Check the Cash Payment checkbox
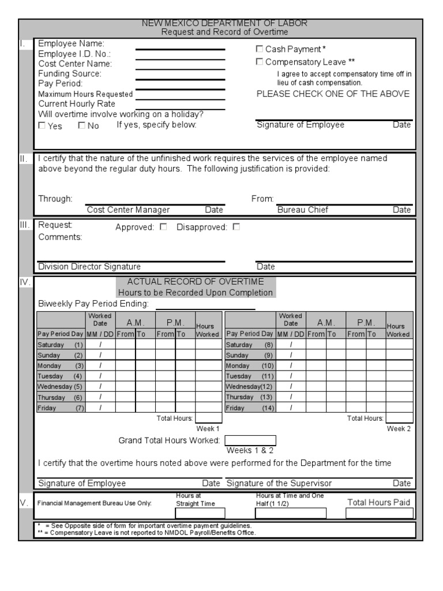(x=260, y=50)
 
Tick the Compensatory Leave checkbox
(x=260, y=62)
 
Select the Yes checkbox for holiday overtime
(x=42, y=125)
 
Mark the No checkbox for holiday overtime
(x=81, y=125)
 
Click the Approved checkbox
(x=163, y=227)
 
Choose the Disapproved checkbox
(x=236, y=227)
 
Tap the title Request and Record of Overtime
(x=224, y=32)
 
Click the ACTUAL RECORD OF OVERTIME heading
(x=195, y=282)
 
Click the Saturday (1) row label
(x=61, y=345)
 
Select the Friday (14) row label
(x=250, y=408)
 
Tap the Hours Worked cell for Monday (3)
(x=208, y=365)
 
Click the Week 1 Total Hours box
(x=208, y=418)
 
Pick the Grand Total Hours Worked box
(x=250, y=441)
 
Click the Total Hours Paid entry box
(x=380, y=513)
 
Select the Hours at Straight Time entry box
(x=200, y=513)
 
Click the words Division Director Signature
(x=89, y=267)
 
